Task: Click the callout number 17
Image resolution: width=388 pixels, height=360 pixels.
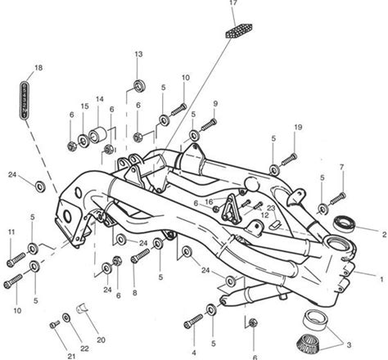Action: pyautogui.click(x=233, y=2)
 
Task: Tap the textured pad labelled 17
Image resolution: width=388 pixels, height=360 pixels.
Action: pyautogui.click(x=239, y=30)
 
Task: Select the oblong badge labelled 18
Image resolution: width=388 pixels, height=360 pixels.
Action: pyautogui.click(x=25, y=100)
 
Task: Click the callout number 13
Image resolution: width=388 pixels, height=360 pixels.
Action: pyautogui.click(x=138, y=54)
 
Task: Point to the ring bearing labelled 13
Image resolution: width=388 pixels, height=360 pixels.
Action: pyautogui.click(x=139, y=85)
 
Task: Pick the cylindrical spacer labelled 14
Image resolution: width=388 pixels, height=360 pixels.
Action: pyautogui.click(x=97, y=135)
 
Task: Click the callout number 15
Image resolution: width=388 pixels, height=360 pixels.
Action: pyautogui.click(x=85, y=106)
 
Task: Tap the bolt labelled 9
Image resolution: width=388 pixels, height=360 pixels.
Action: pyautogui.click(x=209, y=124)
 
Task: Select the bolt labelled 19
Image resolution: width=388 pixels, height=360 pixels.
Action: pyautogui.click(x=289, y=160)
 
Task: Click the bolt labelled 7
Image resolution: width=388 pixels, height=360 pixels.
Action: pyautogui.click(x=338, y=199)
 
